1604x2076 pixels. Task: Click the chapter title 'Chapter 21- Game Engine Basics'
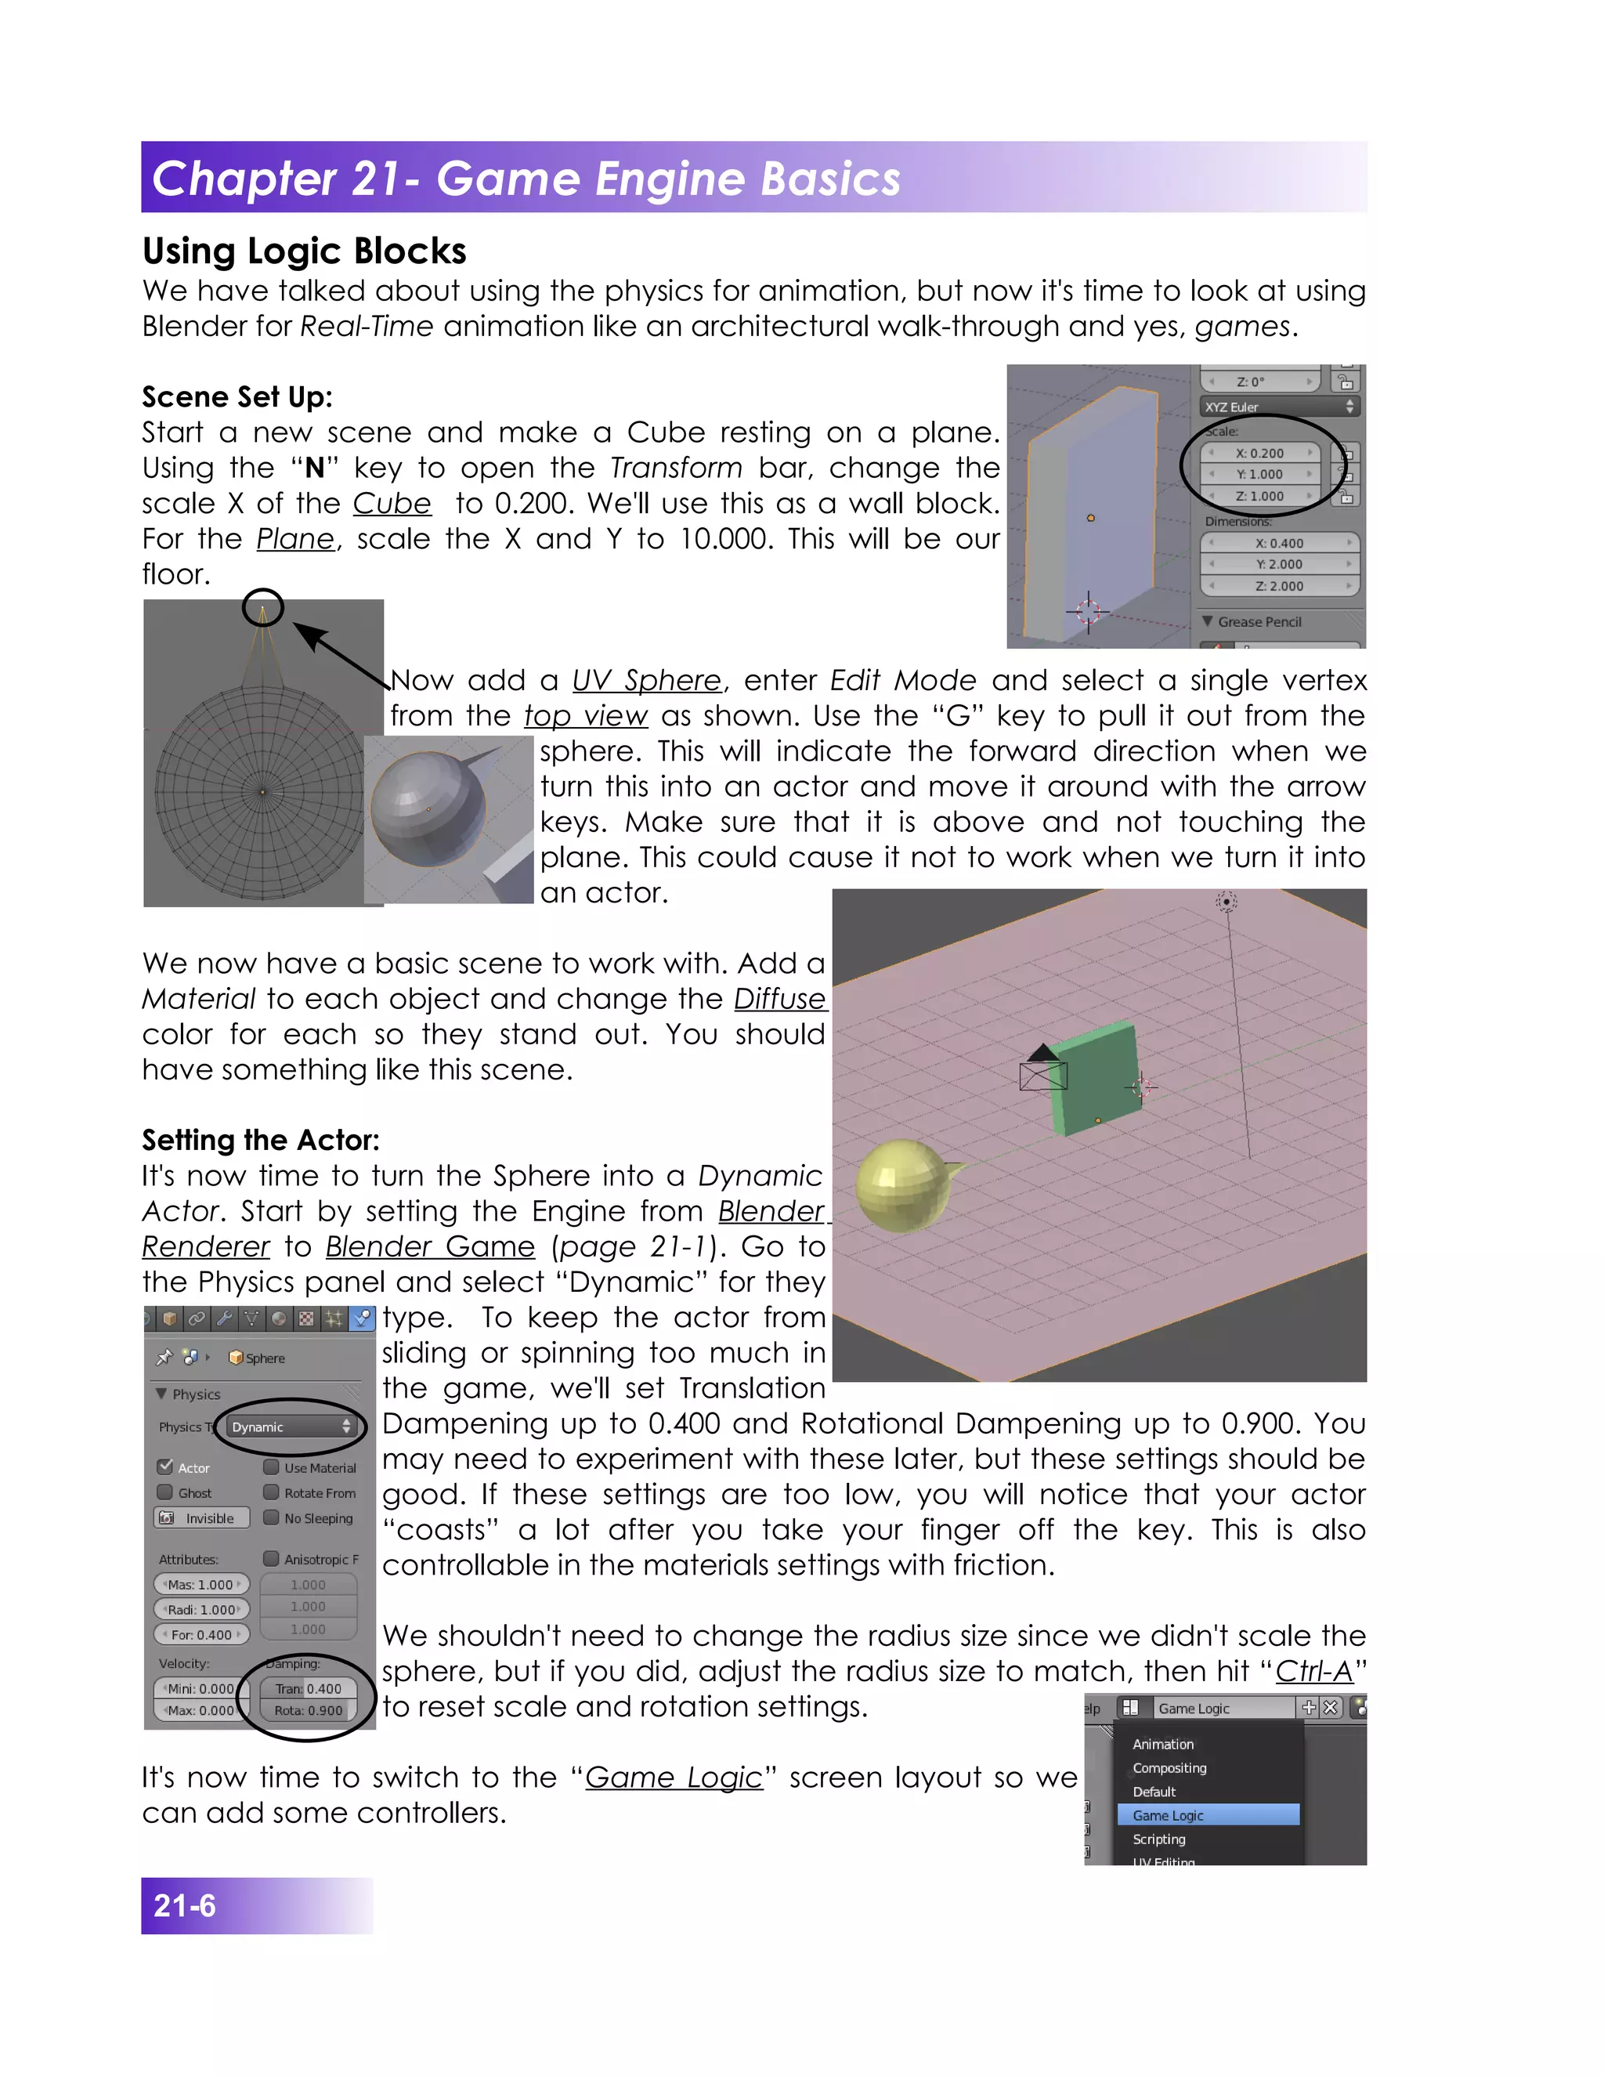(526, 179)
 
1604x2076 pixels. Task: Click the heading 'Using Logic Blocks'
(304, 251)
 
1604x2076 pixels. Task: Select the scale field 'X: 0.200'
(1259, 454)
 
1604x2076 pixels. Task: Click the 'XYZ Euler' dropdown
(1278, 407)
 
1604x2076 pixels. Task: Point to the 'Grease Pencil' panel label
(1259, 622)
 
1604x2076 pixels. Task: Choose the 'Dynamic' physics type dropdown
(291, 1427)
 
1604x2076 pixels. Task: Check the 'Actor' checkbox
(166, 1467)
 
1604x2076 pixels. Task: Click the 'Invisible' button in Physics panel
(201, 1518)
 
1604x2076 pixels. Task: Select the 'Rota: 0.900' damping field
(308, 1710)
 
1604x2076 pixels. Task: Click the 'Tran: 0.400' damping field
(308, 1688)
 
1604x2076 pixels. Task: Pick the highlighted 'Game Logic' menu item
(1206, 1814)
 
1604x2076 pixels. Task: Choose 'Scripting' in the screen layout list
(1159, 1839)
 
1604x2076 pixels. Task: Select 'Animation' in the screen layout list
(1163, 1743)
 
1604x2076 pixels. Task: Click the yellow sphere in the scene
(900, 1185)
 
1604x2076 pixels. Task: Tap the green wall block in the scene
(1096, 1078)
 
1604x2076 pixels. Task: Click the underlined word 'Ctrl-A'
(1313, 1671)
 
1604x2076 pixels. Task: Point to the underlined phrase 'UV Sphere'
(646, 681)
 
